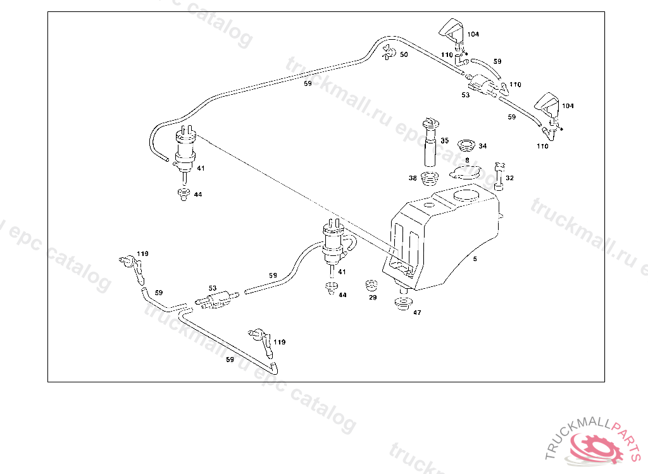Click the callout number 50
[x=404, y=55]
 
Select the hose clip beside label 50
[x=389, y=54]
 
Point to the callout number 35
[x=444, y=141]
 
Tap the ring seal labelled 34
[x=467, y=145]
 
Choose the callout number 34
[x=483, y=146]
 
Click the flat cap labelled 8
[x=466, y=172]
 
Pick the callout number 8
[x=467, y=161]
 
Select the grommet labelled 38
[x=430, y=178]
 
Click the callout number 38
[x=413, y=179]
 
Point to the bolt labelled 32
[x=499, y=175]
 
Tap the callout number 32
[x=509, y=178]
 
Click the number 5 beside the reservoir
[x=475, y=258]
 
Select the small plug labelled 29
[x=372, y=285]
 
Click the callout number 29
[x=373, y=297]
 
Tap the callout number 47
[x=417, y=312]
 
